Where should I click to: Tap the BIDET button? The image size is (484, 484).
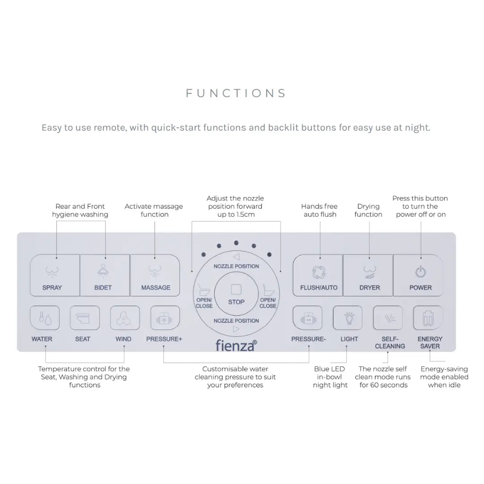(x=105, y=275)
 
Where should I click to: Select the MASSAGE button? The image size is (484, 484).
(x=155, y=275)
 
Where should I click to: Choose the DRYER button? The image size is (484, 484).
(x=368, y=275)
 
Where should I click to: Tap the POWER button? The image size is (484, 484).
(x=418, y=275)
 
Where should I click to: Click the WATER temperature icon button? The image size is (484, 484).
(x=45, y=318)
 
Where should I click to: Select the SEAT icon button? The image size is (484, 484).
(x=85, y=318)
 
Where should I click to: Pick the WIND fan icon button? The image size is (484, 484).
(x=125, y=318)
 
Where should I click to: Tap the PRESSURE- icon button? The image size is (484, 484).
(x=307, y=318)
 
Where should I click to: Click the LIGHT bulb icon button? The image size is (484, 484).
(x=348, y=318)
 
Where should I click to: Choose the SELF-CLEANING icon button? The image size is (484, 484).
(x=388, y=318)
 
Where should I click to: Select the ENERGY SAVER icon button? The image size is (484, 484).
(x=428, y=318)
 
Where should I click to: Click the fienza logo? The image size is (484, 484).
(x=236, y=346)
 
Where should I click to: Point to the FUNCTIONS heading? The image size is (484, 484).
(x=236, y=93)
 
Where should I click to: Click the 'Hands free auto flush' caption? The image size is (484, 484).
(x=320, y=210)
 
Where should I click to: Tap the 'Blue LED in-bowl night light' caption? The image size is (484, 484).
(x=330, y=377)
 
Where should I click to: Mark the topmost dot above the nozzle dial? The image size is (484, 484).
(x=236, y=243)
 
